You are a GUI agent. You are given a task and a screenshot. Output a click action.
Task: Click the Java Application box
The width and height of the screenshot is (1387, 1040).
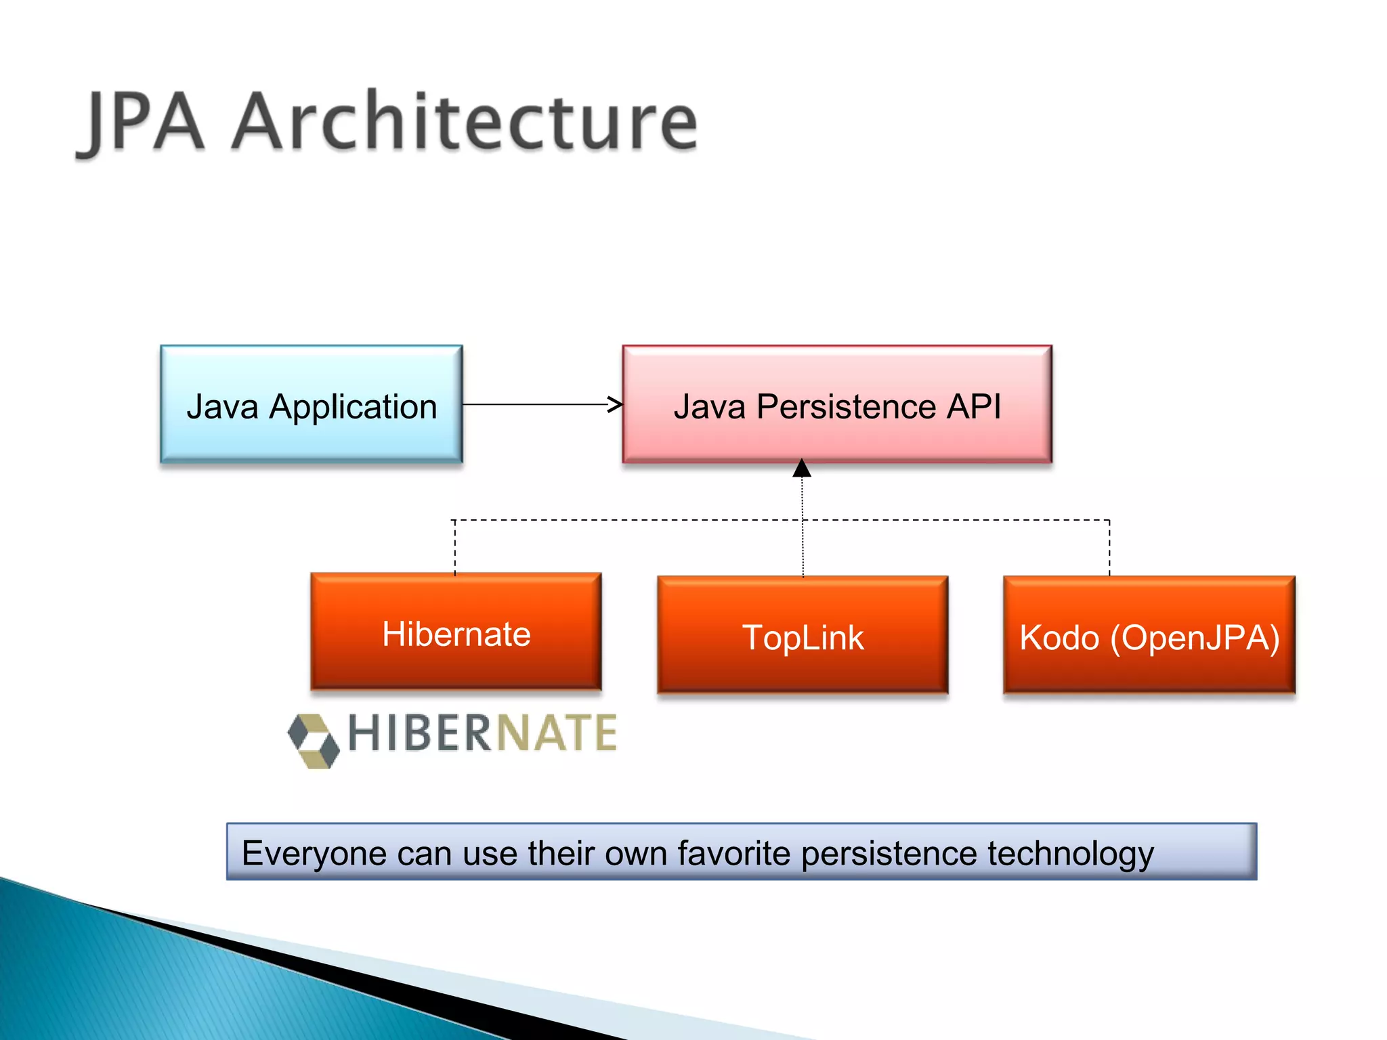(x=311, y=404)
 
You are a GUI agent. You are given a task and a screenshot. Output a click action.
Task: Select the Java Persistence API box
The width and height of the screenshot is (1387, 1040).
(x=837, y=404)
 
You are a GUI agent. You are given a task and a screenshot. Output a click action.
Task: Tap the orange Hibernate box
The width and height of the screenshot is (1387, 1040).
(x=456, y=632)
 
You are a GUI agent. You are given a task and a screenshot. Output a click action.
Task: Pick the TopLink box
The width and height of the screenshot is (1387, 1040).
(x=803, y=635)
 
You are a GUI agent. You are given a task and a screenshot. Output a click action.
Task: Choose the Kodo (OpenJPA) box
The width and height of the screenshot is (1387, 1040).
(x=1149, y=635)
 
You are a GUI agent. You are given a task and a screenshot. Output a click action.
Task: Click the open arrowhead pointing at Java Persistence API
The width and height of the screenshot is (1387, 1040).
(x=614, y=405)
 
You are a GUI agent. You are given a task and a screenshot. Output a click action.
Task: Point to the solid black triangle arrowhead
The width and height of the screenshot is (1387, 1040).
(x=802, y=468)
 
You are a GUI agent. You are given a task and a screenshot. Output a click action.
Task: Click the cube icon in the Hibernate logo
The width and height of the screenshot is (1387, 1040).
(x=313, y=741)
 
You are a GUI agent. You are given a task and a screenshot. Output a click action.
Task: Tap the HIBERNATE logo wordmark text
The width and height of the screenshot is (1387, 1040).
(x=482, y=733)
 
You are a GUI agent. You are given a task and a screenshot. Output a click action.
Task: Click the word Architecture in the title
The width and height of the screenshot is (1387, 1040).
(x=465, y=122)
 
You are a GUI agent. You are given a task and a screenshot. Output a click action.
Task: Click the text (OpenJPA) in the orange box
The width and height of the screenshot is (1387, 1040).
(x=1195, y=638)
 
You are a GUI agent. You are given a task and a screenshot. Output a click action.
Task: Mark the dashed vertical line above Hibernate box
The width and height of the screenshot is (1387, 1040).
(x=455, y=547)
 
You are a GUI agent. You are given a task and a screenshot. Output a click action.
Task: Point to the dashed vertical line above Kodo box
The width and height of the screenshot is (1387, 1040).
(x=1109, y=547)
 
